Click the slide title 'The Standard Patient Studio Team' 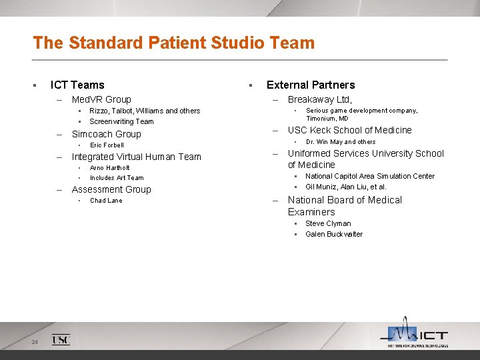[x=173, y=43]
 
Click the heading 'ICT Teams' [x=77, y=85]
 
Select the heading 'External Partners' [x=311, y=85]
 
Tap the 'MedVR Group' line [x=101, y=99]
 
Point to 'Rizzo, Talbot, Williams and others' [x=145, y=111]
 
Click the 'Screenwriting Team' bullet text [x=121, y=121]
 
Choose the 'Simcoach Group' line [x=106, y=134]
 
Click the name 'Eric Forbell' [x=107, y=145]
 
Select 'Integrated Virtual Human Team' [x=136, y=157]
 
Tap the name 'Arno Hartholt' [x=110, y=168]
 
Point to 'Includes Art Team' [x=117, y=178]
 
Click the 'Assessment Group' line [x=111, y=189]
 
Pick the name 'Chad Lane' [x=106, y=201]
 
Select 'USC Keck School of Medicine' [x=349, y=130]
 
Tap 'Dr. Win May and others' [x=341, y=141]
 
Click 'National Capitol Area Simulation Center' [x=370, y=176]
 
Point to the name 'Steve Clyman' [x=328, y=223]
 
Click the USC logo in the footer [x=61, y=340]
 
